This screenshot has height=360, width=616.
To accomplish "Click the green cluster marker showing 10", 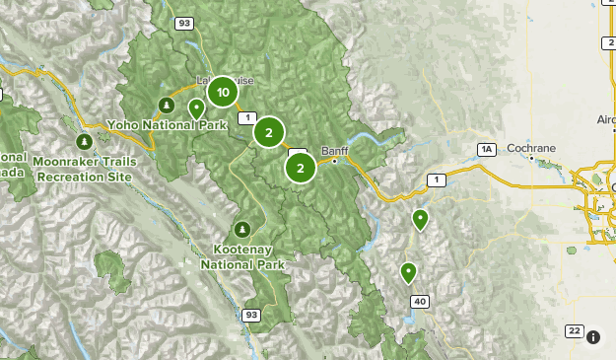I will (224, 93).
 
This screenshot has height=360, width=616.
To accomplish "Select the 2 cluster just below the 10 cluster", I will (268, 131).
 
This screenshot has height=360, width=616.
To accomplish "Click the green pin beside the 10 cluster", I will (196, 108).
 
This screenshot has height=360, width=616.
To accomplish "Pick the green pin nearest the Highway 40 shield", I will (408, 272).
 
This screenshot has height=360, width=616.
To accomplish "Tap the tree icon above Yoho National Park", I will (167, 106).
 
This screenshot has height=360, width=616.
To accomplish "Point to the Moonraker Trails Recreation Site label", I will (82, 167).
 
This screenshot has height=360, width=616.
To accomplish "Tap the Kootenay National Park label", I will (242, 257).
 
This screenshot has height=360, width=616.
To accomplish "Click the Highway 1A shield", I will (485, 149).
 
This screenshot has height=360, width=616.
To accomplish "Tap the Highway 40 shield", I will (421, 302).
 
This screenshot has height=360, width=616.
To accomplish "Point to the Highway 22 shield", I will (574, 330).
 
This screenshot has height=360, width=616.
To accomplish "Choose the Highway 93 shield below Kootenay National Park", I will (251, 316).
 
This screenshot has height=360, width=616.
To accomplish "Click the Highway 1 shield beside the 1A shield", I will (436, 179).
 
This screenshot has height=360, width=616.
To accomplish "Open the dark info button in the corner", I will (593, 337).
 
